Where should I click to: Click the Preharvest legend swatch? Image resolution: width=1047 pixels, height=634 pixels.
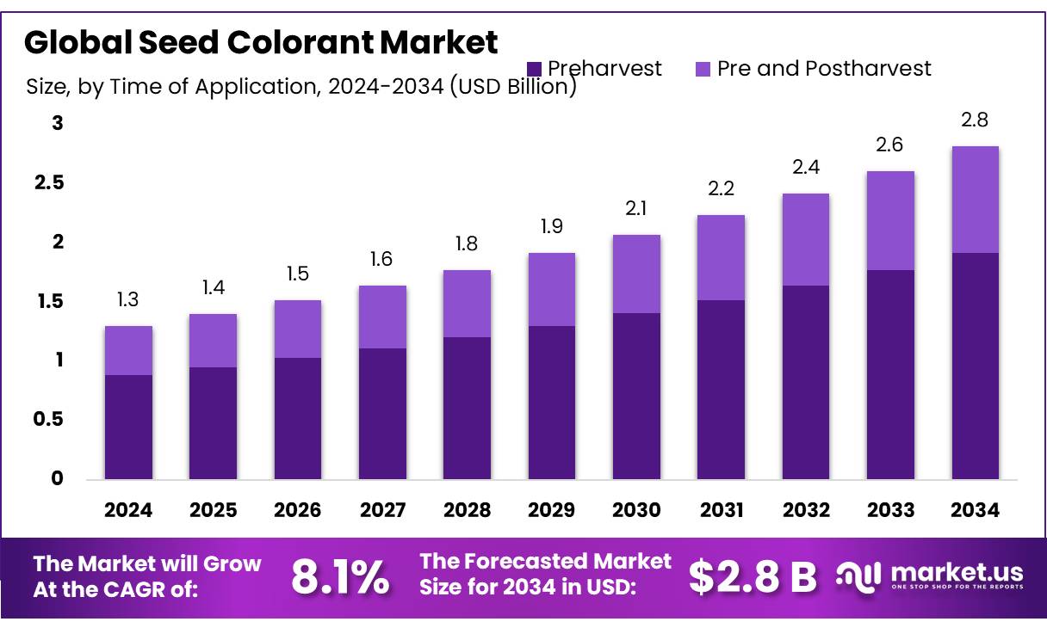(534, 69)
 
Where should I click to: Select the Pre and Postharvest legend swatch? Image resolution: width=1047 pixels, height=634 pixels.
(702, 69)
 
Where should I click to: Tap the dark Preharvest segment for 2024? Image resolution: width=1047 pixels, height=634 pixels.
(128, 427)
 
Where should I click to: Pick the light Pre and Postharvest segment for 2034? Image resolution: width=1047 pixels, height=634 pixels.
(975, 199)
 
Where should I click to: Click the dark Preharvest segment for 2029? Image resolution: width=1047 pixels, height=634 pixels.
(551, 402)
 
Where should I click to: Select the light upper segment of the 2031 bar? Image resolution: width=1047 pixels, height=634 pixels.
(721, 257)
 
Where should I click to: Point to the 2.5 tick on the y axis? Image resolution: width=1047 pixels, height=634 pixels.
(53, 182)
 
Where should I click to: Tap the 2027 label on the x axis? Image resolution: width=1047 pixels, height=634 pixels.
(382, 510)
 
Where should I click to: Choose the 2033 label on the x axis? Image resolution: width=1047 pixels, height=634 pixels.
(890, 510)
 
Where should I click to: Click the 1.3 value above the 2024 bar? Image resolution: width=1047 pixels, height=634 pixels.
(127, 300)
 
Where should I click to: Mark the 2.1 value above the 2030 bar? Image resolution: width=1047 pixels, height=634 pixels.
(635, 208)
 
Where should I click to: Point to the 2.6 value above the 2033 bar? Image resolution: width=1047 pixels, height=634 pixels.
(890, 145)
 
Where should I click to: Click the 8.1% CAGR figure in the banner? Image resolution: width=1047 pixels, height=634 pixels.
(339, 577)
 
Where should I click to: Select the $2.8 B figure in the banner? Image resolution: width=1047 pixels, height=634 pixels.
(753, 577)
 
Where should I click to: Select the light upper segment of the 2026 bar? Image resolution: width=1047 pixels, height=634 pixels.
(297, 329)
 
